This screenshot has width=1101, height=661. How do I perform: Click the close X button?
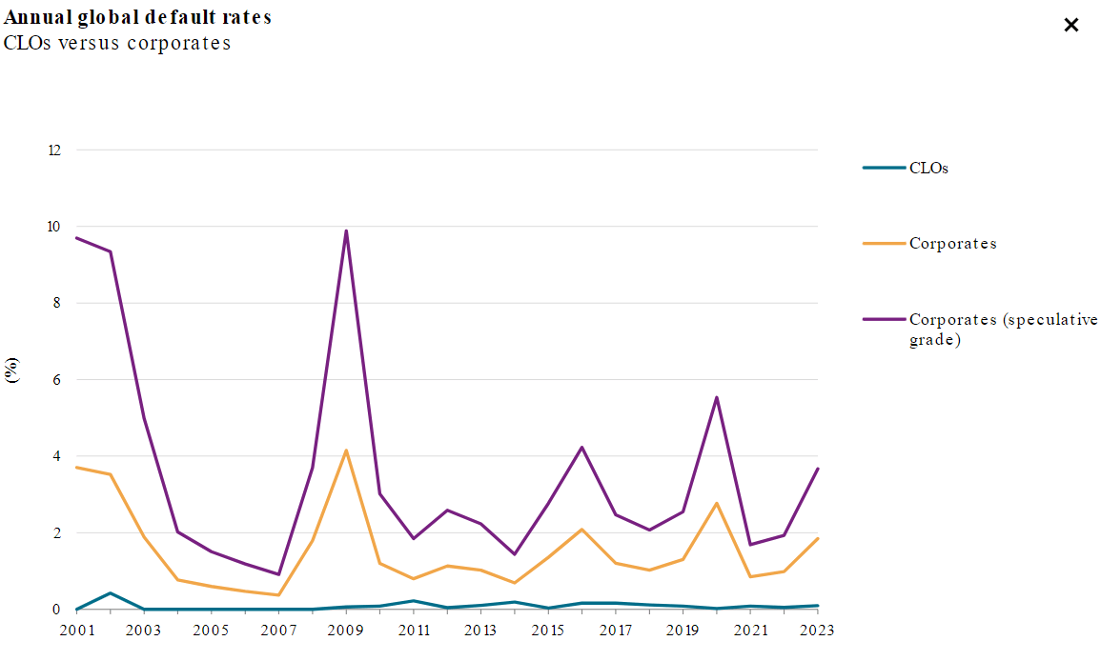tap(1070, 26)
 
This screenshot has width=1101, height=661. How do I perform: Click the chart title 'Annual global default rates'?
tap(137, 17)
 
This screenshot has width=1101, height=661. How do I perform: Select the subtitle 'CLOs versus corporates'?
tap(117, 43)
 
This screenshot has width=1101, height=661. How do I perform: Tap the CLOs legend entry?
tap(928, 168)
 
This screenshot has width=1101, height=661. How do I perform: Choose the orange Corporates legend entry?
tap(952, 243)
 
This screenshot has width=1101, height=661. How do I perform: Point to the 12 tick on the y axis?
tap(53, 150)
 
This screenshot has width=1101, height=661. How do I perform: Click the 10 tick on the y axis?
tap(53, 227)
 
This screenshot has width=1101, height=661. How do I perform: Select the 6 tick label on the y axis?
tap(56, 380)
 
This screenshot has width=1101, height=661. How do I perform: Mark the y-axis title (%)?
tap(12, 370)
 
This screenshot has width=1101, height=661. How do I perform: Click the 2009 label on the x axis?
tap(346, 631)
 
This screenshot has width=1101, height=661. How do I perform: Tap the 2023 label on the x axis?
tap(817, 631)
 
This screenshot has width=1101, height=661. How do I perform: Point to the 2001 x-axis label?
tap(76, 631)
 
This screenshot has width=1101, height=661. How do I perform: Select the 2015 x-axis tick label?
tap(548, 631)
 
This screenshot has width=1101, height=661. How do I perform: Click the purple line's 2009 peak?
tap(346, 230)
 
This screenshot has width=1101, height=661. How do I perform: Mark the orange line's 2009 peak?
tap(346, 451)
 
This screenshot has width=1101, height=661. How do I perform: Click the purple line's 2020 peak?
tap(716, 397)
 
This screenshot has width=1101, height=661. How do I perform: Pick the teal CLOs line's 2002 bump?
tap(111, 592)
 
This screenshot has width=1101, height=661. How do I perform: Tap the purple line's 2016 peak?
tap(581, 447)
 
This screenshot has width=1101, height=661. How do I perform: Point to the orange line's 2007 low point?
tap(278, 595)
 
